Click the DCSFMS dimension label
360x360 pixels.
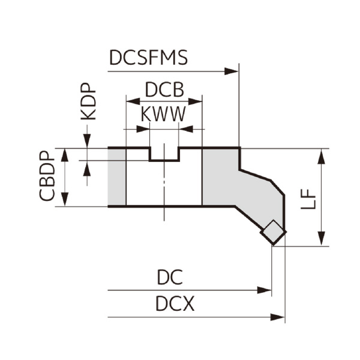tap(148, 58)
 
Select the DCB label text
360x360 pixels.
tap(164, 89)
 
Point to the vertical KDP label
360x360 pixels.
tap(88, 102)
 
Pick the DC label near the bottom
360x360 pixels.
tap(169, 277)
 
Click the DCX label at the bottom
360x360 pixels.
tap(175, 305)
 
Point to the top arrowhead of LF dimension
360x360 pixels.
tap(323, 155)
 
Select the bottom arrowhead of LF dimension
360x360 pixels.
tap(323, 238)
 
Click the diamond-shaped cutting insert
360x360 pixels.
tap(274, 232)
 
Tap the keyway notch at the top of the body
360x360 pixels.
tap(164, 154)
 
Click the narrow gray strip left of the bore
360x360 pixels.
tap(117, 177)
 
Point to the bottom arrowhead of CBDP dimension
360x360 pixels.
tap(64, 200)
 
